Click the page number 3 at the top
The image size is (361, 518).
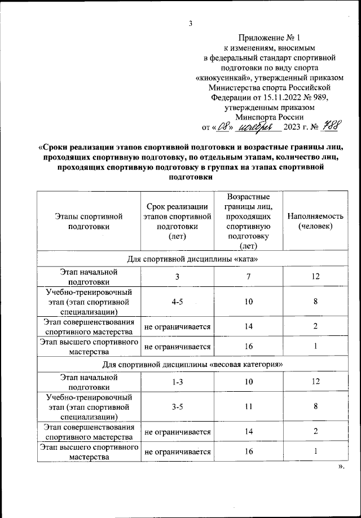pos(191,23)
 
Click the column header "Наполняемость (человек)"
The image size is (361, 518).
pos(315,221)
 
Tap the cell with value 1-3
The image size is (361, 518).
pos(178,382)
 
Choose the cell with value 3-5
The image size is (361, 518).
pos(178,409)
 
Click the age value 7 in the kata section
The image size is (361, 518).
pos(248,276)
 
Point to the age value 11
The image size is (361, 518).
pos(248,409)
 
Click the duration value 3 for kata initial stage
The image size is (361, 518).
pos(178,276)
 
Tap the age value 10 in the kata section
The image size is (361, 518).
pos(248,303)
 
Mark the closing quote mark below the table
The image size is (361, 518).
pos(340,467)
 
